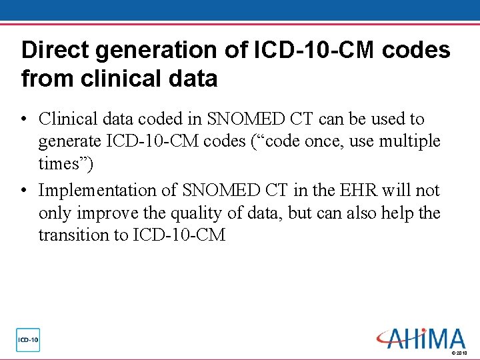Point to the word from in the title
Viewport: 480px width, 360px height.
[45, 79]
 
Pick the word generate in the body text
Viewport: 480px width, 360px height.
[69, 142]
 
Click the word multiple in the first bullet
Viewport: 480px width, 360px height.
[409, 141]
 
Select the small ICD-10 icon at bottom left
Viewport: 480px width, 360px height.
[29, 340]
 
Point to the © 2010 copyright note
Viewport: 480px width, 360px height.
[459, 353]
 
